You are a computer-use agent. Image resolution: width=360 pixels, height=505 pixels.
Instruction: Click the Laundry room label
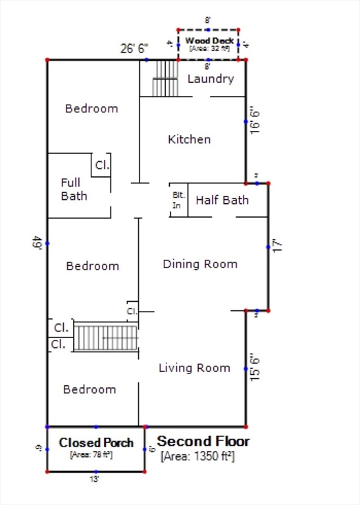(211, 79)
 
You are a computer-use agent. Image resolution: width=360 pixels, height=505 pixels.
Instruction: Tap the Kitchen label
(190, 139)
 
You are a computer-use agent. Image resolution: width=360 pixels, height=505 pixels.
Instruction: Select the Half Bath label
(222, 200)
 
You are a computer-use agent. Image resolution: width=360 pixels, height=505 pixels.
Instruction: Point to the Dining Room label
(200, 264)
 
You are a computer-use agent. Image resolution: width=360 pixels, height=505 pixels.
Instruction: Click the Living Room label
(194, 368)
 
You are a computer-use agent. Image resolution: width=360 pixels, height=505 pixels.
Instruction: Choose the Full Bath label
(74, 189)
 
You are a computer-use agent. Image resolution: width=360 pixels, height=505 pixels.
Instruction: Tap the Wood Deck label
(209, 41)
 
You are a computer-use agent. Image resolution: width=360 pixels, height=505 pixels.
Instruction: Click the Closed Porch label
(96, 443)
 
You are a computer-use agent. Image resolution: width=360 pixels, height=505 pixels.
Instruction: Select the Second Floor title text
(203, 441)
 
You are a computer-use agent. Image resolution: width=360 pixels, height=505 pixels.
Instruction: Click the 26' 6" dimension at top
(134, 48)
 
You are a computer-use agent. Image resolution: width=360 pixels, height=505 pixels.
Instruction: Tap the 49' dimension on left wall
(38, 243)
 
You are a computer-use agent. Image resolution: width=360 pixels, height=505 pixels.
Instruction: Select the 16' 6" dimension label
(255, 118)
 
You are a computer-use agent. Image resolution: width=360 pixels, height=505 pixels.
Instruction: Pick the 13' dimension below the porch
(95, 480)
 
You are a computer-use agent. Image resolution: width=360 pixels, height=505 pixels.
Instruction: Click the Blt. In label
(178, 200)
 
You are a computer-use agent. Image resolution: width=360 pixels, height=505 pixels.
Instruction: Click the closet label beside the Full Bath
(102, 165)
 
